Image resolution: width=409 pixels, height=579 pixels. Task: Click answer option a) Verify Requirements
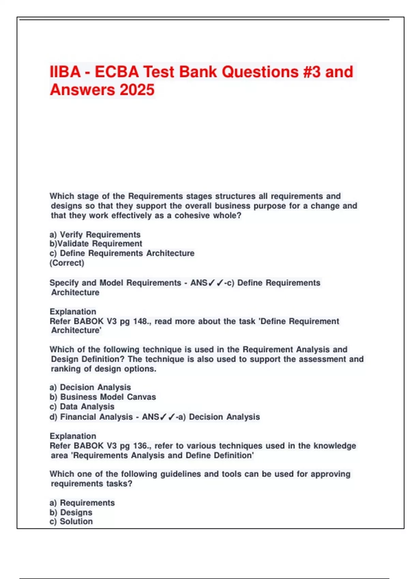point(95,235)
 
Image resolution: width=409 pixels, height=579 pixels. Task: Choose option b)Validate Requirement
point(96,244)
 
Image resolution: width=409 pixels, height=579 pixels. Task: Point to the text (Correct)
point(67,263)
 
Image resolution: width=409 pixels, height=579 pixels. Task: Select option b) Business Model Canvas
point(103,397)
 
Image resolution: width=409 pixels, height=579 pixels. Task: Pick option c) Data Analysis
point(82,407)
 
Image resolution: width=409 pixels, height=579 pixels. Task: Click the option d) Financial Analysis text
point(91,417)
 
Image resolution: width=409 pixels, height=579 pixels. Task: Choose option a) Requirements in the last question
point(82,503)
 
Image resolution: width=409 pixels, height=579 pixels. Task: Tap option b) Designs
point(71,513)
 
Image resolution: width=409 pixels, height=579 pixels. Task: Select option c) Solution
point(71,521)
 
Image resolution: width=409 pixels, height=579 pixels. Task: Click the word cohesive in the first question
point(191,216)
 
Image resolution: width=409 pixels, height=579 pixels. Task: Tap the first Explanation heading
point(73,312)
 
